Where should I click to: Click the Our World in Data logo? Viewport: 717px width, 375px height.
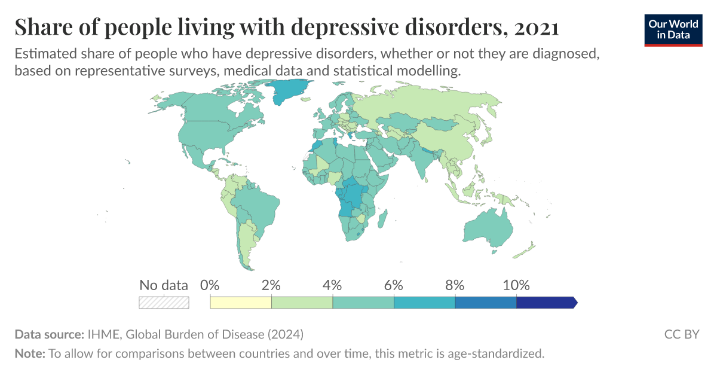coord(673,29)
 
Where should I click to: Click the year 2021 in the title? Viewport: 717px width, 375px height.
coord(536,28)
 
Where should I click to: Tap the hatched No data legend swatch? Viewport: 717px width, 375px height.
coord(164,303)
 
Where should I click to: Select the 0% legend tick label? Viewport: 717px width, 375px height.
coord(210,285)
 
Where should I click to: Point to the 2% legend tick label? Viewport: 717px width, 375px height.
coord(271,285)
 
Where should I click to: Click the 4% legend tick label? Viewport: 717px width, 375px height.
coord(333,285)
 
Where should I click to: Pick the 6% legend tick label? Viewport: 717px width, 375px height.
coord(394,285)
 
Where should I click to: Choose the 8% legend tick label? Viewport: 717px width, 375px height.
coord(455,285)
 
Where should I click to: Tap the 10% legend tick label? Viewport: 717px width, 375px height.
coord(516,285)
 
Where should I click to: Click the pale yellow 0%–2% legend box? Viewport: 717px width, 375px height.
coord(241,303)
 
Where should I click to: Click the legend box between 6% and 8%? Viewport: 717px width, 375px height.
coord(424,303)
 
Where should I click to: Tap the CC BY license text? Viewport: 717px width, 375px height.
coord(681,334)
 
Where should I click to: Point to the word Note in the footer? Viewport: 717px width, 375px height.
coord(29,353)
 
